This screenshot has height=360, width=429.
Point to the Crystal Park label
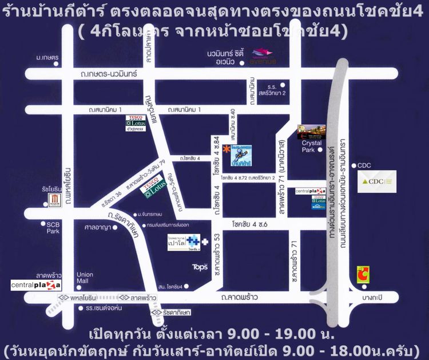[x=312, y=147]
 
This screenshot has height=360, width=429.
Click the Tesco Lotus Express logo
[x=135, y=124]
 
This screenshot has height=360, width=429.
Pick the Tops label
[x=200, y=267]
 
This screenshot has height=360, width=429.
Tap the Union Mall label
[x=85, y=278]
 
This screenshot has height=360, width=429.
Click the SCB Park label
[x=53, y=227]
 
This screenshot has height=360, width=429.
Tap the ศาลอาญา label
[x=97, y=226]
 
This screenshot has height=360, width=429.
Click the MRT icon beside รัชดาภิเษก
[x=154, y=313]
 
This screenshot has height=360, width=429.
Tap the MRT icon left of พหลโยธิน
[x=61, y=298]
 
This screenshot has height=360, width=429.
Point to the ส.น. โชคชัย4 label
[x=170, y=286]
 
